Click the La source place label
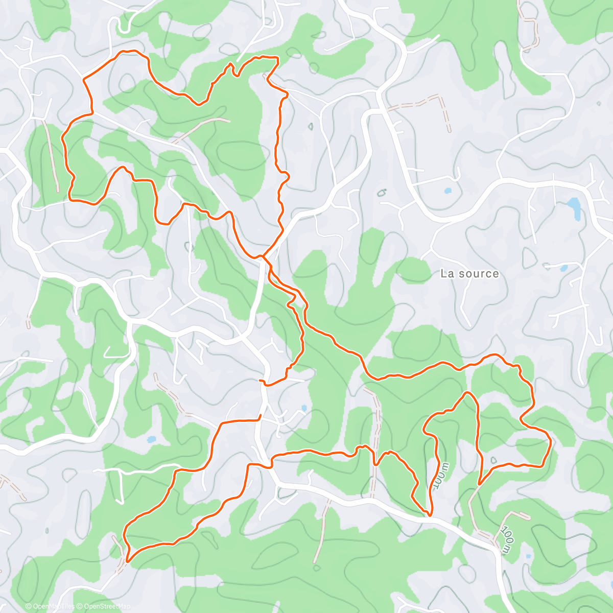[469, 274]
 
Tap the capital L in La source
[443, 274]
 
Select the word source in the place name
[477, 274]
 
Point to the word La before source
[447, 274]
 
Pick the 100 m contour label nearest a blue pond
[506, 539]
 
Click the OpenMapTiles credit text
[54, 607]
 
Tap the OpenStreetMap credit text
[107, 607]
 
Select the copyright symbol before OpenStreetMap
[80, 607]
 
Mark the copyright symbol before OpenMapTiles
[29, 607]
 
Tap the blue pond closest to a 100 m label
[528, 556]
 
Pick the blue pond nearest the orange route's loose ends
[304, 408]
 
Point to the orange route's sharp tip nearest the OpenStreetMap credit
[127, 560]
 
